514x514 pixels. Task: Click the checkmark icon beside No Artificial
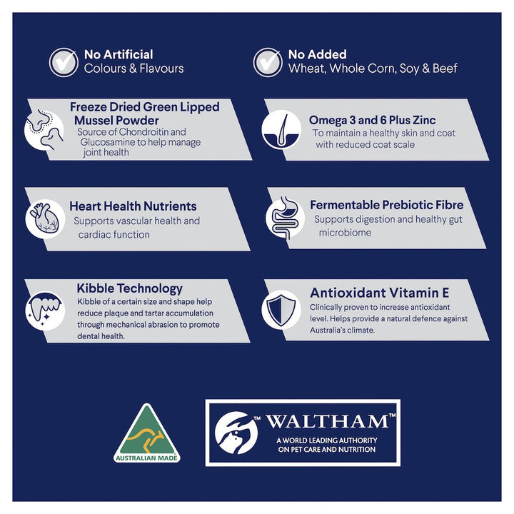pos(64,62)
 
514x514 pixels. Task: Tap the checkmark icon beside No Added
pos(268,62)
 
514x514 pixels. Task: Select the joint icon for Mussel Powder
pos(44,130)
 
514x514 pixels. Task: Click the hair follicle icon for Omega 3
pos(281,130)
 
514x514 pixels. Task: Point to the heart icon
pos(45,218)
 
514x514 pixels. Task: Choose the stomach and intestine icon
pos(285,218)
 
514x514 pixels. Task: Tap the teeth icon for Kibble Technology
pos(45,310)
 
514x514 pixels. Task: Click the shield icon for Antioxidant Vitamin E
pos(281,310)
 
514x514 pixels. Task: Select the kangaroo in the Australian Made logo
pos(146,438)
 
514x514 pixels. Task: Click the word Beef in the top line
pos(445,69)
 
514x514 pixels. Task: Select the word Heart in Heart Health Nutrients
pos(84,206)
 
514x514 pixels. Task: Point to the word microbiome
pos(346,233)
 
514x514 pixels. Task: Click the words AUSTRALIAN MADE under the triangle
pos(146,458)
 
